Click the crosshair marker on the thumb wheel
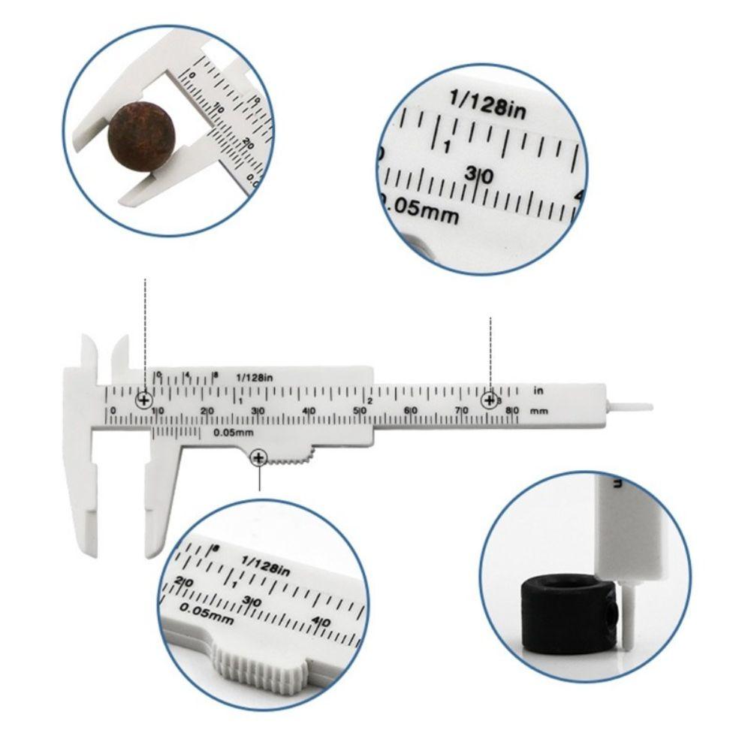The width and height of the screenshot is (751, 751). pos(259,457)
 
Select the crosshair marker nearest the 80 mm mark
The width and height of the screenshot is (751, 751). pos(490,400)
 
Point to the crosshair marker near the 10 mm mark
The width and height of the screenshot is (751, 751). pos(144,400)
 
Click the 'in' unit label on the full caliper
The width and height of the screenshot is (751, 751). pos(538,391)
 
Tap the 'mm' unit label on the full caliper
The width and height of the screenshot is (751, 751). pos(538,412)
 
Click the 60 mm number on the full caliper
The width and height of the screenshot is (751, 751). pos(410,410)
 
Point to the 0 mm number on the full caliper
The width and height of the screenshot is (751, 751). pos(113,410)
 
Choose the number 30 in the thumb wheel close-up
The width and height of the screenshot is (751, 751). pos(253,602)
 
